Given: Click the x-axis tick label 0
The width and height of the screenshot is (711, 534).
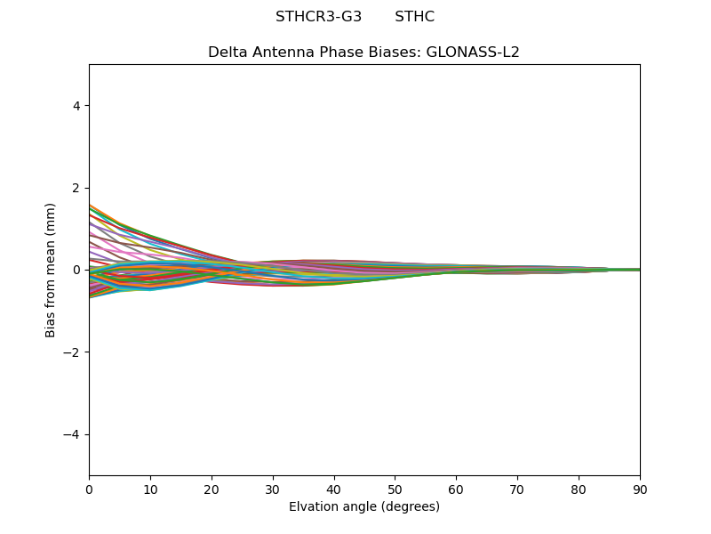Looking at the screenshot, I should pyautogui.click(x=89, y=489).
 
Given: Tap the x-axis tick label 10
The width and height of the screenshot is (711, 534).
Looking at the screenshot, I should pyautogui.click(x=150, y=489).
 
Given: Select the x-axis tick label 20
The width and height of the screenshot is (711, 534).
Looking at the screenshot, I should pyautogui.click(x=212, y=489).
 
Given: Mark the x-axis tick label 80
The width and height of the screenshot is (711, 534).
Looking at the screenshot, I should pyautogui.click(x=579, y=489).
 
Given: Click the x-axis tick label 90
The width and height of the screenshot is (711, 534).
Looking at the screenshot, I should pyautogui.click(x=640, y=489).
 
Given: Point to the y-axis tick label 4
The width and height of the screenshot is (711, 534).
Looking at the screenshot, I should pyautogui.click(x=76, y=106).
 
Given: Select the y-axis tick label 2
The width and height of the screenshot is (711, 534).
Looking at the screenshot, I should pyautogui.click(x=76, y=188).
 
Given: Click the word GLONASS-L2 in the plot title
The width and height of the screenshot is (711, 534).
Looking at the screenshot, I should pyautogui.click(x=475, y=53).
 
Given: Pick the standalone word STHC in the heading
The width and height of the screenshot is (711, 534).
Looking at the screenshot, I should pyautogui.click(x=414, y=17).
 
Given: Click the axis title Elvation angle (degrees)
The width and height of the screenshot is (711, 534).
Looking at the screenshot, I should pyautogui.click(x=364, y=507).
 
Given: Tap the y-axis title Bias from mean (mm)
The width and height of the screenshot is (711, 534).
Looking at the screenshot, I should pyautogui.click(x=51, y=270).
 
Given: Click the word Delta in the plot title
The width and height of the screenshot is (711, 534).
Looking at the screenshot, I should pyautogui.click(x=228, y=53).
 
